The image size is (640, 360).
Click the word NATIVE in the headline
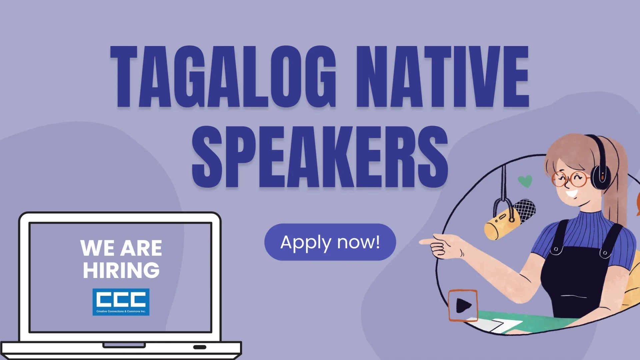coord(442,77)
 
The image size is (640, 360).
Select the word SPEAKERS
coord(320,157)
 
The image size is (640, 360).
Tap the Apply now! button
coord(330,242)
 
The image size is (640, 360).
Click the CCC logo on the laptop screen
coord(121,299)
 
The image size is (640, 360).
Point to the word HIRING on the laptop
coord(121,270)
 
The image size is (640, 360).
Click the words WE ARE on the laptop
coord(121,248)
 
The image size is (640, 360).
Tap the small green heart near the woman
coord(525,181)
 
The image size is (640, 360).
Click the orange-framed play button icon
coord(463,305)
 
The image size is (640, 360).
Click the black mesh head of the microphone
coord(525,209)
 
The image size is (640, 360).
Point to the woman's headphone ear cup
coord(601,175)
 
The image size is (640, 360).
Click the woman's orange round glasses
coord(571,179)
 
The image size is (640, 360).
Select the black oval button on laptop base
coord(200,347)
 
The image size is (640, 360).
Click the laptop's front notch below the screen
coord(124,345)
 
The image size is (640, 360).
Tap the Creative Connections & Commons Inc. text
coord(121,311)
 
